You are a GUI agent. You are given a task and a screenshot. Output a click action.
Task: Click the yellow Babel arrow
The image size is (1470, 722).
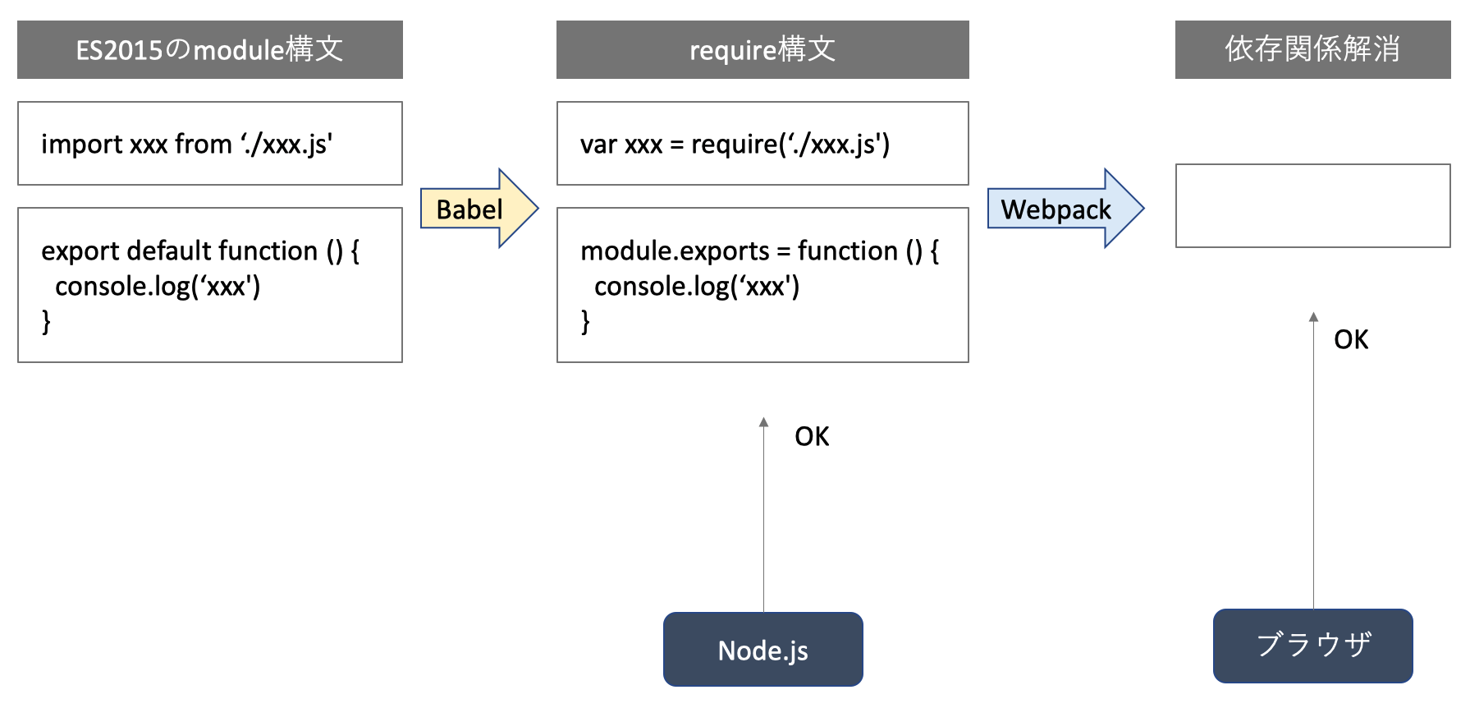tap(479, 209)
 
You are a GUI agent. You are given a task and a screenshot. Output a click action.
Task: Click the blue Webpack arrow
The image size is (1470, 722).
tap(1065, 209)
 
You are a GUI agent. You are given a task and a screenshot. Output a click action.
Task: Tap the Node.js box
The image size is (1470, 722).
tap(763, 649)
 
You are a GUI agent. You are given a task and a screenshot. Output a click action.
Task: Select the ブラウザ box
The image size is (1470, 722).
tap(1313, 646)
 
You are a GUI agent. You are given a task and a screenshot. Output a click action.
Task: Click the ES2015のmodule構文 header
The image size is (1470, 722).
tap(210, 49)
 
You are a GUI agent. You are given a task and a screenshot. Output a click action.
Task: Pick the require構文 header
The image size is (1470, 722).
tap(762, 49)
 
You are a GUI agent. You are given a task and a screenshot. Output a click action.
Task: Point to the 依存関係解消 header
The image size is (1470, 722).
tap(1313, 49)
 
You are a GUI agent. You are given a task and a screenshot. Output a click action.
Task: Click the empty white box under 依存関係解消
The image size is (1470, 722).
tap(1313, 205)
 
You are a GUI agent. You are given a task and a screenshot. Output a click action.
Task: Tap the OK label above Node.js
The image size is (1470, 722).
tap(812, 436)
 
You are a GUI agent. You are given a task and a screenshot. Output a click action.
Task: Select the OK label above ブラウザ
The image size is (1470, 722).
tap(1351, 339)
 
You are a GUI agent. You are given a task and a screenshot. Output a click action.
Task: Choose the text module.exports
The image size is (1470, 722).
tap(675, 251)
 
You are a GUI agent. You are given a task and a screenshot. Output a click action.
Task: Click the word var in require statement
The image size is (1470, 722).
tap(598, 145)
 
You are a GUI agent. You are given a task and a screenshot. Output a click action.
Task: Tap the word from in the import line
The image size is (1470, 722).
tap(203, 144)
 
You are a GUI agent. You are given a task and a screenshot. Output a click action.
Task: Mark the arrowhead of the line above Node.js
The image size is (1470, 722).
tap(763, 421)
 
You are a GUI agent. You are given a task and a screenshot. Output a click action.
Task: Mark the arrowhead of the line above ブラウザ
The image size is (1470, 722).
tap(1313, 316)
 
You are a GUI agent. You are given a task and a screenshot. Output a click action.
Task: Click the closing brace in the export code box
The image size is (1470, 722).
tap(46, 321)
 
